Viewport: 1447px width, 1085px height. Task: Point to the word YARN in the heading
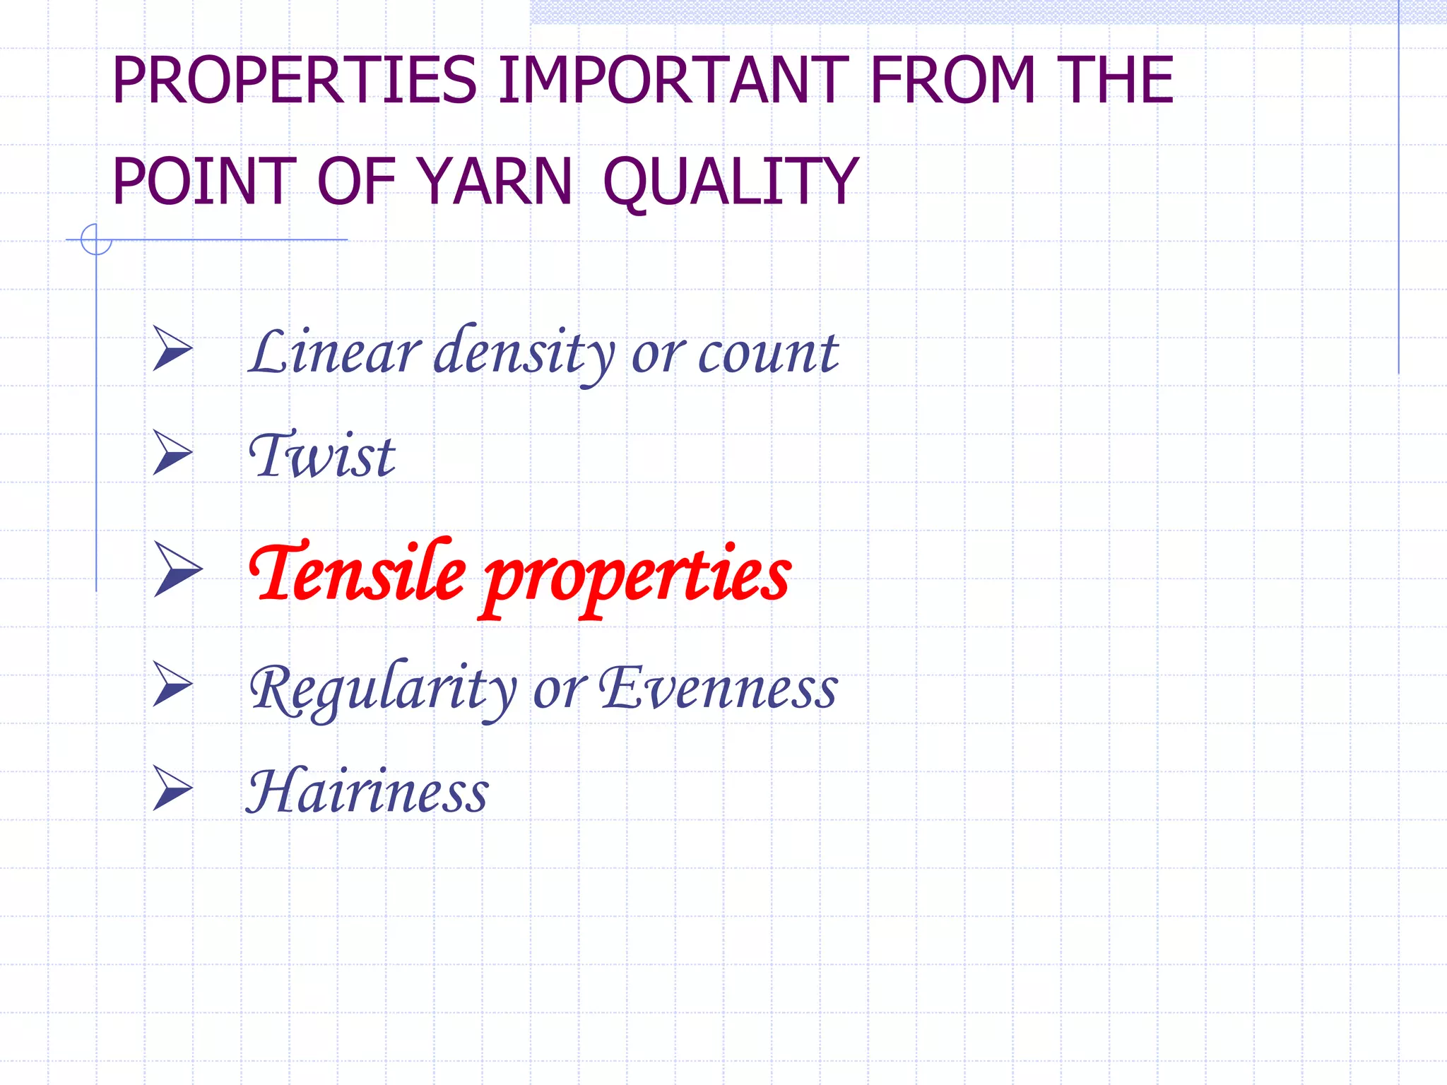[x=494, y=182]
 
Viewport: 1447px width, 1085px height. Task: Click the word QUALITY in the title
[x=731, y=183]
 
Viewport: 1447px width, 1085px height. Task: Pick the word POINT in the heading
[x=204, y=182]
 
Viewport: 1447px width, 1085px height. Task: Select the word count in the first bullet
[x=768, y=352]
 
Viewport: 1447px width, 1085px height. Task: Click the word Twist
[x=322, y=455]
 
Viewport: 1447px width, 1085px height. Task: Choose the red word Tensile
[x=358, y=572]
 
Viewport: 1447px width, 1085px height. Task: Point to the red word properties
[x=637, y=576]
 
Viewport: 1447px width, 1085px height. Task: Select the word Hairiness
[x=367, y=791]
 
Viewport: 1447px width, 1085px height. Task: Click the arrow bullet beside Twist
[x=171, y=453]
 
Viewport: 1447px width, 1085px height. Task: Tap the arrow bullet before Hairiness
[x=171, y=788]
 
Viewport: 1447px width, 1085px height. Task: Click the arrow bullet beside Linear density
[x=171, y=349]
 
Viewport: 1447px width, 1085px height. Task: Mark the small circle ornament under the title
[x=96, y=239]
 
